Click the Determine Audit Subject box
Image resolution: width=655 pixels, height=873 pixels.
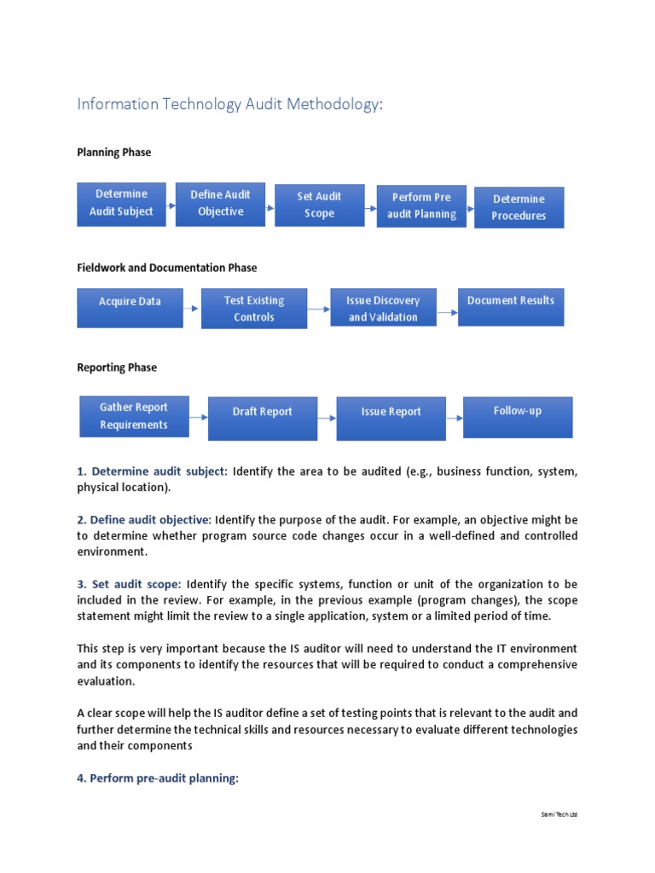(x=122, y=203)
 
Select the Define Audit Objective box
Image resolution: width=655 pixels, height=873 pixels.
(x=220, y=204)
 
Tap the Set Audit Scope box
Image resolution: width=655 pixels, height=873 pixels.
(x=319, y=205)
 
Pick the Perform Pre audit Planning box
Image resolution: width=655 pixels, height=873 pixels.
(x=421, y=206)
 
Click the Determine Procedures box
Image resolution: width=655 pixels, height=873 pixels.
(x=519, y=207)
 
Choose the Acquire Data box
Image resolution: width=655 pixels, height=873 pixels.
(x=130, y=308)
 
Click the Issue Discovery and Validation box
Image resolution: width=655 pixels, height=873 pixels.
(x=384, y=308)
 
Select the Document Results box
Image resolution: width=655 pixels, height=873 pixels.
(x=511, y=307)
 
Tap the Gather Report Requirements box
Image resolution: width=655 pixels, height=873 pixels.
(x=134, y=416)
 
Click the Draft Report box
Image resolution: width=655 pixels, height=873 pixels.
(x=263, y=418)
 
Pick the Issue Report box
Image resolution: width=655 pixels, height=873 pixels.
(x=391, y=418)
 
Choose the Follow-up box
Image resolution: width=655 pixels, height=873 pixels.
(x=518, y=417)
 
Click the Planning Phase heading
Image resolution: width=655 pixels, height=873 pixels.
(x=114, y=153)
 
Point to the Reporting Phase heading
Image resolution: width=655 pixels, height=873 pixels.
(x=117, y=367)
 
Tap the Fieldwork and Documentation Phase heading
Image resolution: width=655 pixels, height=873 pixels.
(x=167, y=268)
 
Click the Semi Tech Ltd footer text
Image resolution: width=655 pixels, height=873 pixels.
(x=559, y=814)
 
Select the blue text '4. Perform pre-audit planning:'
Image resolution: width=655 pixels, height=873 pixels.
(x=158, y=778)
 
